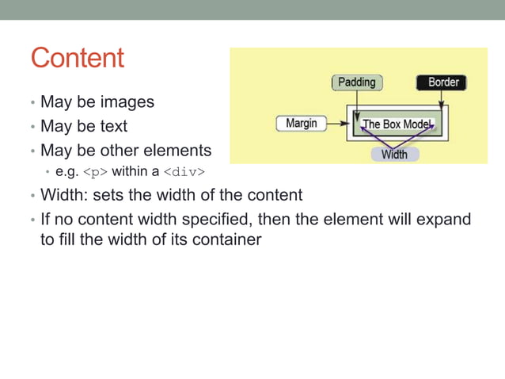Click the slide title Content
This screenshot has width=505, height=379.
[x=78, y=58]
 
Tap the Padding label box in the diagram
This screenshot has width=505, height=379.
[x=356, y=82]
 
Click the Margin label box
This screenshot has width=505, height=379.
[x=301, y=123]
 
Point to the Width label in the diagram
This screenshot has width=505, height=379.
[x=394, y=154]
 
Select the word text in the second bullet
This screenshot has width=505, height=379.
[x=113, y=126]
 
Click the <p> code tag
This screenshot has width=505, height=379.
[x=95, y=171]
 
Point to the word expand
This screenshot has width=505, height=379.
[x=442, y=218]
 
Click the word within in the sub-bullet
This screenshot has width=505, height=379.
[x=131, y=171]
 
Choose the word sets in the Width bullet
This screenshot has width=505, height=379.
[x=108, y=194]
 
